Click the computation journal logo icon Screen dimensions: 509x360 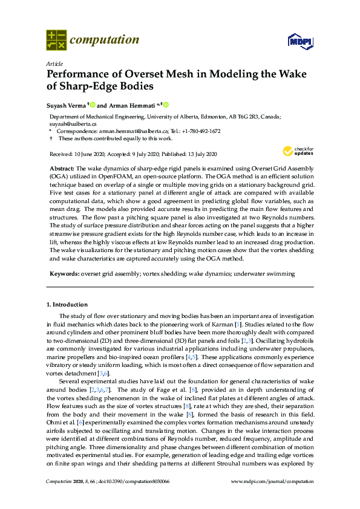coord(56,40)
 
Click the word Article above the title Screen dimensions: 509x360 coord(53,63)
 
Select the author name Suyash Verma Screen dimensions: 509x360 coord(67,105)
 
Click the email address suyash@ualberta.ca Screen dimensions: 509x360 coord(69,123)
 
